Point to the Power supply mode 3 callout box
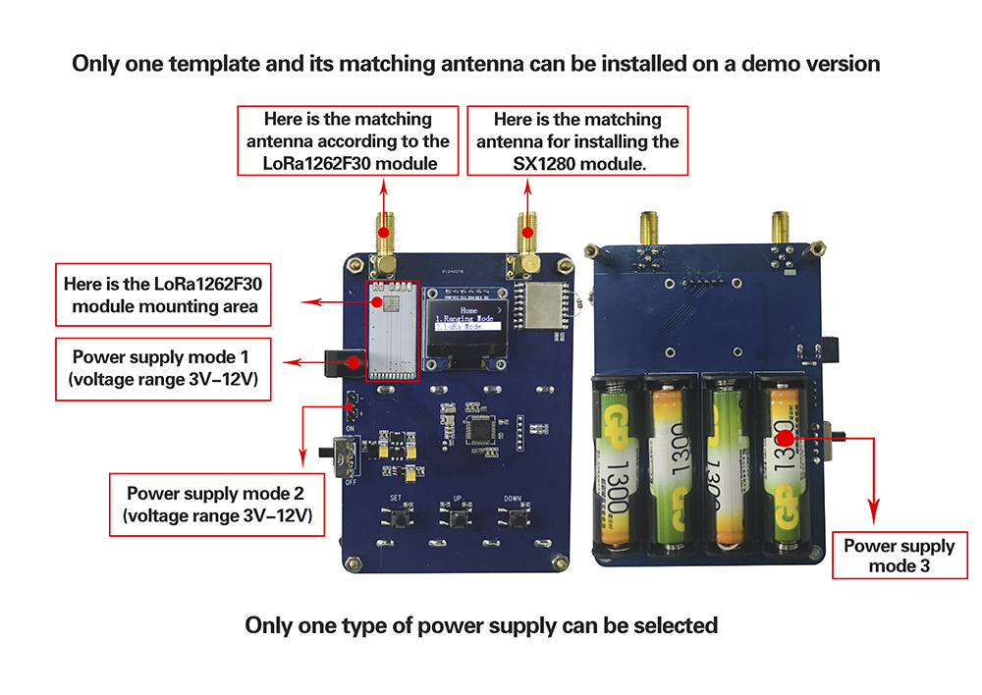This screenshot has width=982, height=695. (899, 556)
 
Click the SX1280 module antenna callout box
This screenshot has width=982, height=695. (577, 141)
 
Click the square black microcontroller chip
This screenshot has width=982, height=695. (482, 429)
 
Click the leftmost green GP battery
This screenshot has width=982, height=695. (618, 461)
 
